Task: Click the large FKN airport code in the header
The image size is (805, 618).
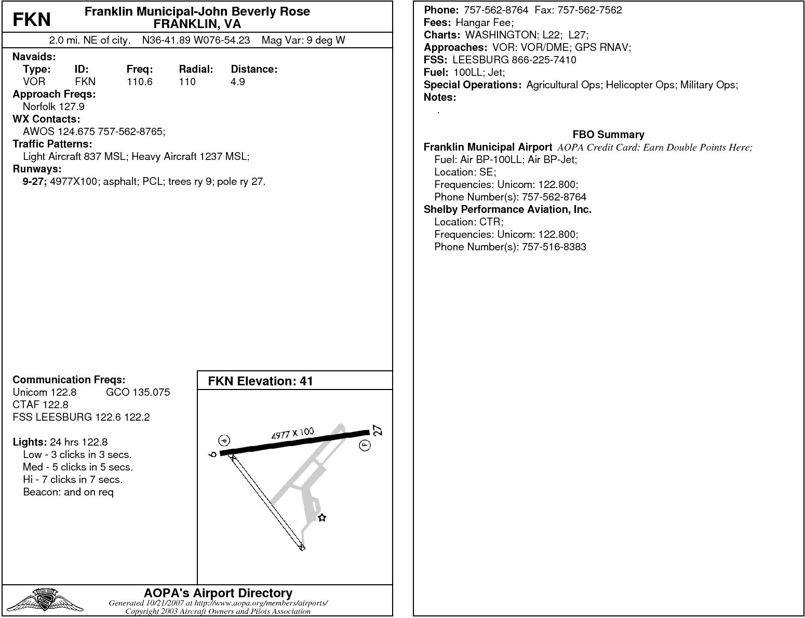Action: tap(32, 19)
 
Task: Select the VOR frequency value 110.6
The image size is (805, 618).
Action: tap(139, 82)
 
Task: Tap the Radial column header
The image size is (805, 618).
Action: tap(196, 69)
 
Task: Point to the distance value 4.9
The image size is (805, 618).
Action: tap(237, 82)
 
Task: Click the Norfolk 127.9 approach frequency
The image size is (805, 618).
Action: tap(53, 106)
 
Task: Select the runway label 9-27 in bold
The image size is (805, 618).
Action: tap(35, 181)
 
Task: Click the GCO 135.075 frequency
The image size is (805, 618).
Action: tap(138, 392)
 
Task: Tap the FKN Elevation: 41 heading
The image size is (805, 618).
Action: tap(260, 381)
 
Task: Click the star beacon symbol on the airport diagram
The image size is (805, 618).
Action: tap(322, 517)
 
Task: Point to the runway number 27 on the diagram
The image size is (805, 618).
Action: tap(378, 431)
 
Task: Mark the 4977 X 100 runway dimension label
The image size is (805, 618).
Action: tap(292, 434)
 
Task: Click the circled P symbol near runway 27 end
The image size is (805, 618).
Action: tap(365, 445)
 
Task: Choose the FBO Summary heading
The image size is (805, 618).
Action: tap(608, 135)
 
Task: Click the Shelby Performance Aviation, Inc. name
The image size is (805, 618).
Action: tap(507, 209)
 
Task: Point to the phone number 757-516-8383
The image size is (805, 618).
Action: tap(553, 247)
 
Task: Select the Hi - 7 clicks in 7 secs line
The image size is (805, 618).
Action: tap(73, 479)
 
